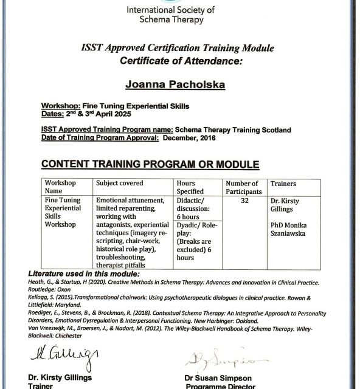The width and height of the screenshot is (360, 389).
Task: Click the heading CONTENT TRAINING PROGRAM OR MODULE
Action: [150, 164]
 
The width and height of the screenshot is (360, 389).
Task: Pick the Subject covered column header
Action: [120, 183]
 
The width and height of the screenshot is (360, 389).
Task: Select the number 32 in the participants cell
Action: [244, 201]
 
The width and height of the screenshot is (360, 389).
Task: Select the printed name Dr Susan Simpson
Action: [218, 376]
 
